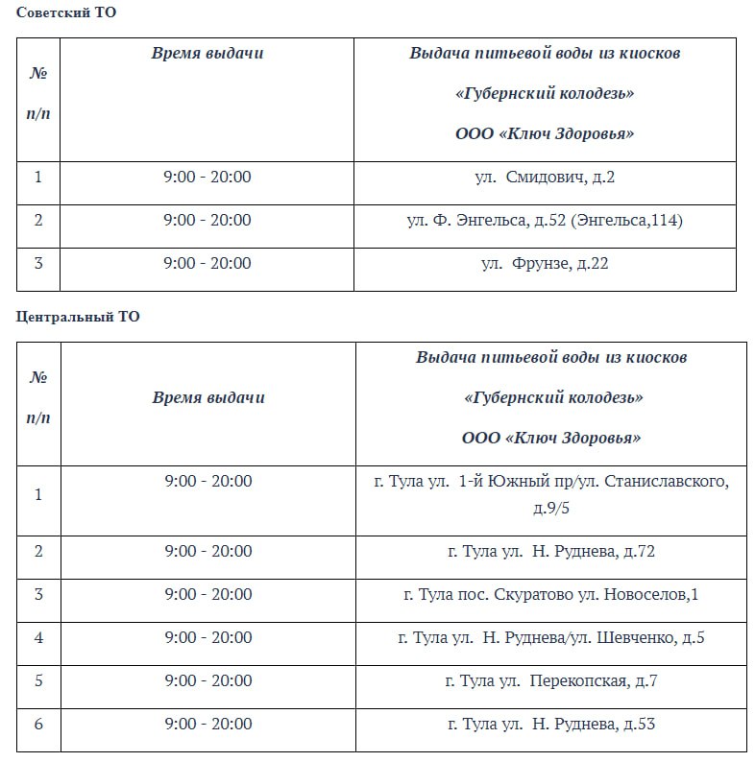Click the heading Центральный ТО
(78, 317)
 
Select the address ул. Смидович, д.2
(545, 177)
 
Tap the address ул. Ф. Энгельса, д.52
(545, 220)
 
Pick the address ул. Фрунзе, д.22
(545, 263)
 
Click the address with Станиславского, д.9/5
(550, 493)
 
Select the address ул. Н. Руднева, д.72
(550, 551)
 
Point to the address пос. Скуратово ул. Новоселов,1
(550, 594)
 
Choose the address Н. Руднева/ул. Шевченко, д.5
(550, 637)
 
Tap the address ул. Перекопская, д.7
(550, 680)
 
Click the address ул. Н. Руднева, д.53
(550, 724)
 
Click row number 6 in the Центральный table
(38, 724)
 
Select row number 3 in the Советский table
(38, 263)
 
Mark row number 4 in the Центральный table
(38, 637)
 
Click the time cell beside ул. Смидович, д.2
(207, 177)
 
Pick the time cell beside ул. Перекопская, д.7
(208, 680)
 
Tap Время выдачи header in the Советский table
(207, 53)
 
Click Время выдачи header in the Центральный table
(208, 397)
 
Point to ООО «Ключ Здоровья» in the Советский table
(545, 133)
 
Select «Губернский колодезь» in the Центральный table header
(551, 397)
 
